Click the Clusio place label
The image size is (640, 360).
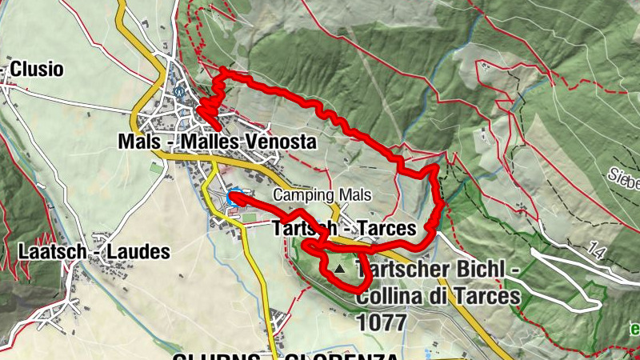pyautogui.click(x=37, y=70)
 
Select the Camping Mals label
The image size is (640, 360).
pyautogui.click(x=323, y=195)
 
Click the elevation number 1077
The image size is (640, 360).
pyautogui.click(x=382, y=322)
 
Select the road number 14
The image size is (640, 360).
pyautogui.click(x=593, y=251)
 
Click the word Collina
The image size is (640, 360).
pyautogui.click(x=389, y=297)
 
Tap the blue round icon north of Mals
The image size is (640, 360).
pyautogui.click(x=179, y=91)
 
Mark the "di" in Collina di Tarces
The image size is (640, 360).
pyautogui.click(x=441, y=297)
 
